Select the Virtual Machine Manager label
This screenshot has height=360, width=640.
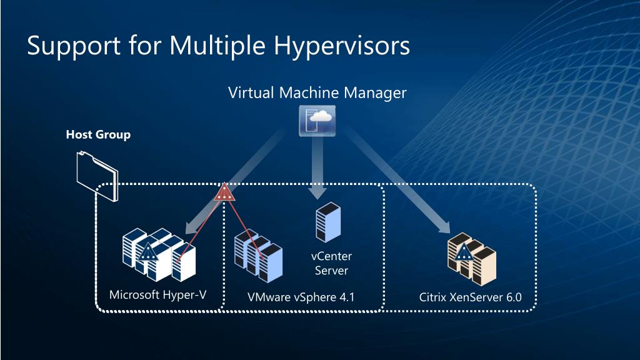coord(317,93)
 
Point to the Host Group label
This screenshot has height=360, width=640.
coord(98,134)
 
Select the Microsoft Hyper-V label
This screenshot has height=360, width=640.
coord(157,294)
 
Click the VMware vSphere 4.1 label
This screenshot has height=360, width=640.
coord(301,297)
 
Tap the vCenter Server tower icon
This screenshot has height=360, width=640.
coord(327,222)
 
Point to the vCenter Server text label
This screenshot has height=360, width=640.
coord(331,263)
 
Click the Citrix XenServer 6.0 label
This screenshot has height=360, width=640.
coord(470,297)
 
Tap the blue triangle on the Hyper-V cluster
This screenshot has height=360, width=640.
coord(147,253)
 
